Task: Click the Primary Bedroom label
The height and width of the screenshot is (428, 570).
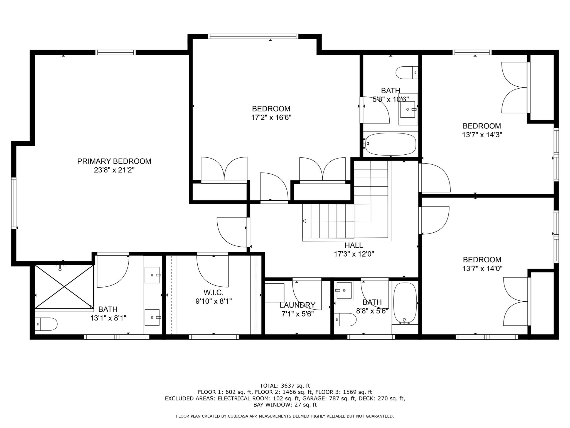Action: pos(114,161)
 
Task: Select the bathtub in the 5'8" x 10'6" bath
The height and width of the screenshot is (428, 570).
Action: pos(390,144)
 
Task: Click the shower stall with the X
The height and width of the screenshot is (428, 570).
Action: pos(64,287)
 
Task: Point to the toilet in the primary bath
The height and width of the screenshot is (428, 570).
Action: pos(46,324)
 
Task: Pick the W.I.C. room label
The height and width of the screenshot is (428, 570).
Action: pos(213,293)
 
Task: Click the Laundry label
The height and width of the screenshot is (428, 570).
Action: pos(298,305)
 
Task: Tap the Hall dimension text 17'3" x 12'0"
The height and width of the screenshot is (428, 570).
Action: pos(354,254)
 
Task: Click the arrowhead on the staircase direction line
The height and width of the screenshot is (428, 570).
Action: pos(304,221)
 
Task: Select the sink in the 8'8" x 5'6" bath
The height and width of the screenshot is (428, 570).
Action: pos(344,290)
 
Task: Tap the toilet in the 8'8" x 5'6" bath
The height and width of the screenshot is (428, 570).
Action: pos(345,320)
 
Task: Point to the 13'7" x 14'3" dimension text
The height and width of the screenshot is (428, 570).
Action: pos(482,135)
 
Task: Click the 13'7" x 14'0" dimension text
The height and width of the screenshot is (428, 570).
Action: pos(482,269)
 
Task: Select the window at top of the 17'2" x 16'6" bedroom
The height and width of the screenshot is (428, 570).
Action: pos(253,36)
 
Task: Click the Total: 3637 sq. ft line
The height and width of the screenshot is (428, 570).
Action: pos(285,386)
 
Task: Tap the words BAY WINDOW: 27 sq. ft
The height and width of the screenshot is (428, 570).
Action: pos(285,405)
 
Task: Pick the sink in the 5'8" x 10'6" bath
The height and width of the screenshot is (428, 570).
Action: pos(409,109)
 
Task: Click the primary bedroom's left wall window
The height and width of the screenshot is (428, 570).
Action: pos(14,203)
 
